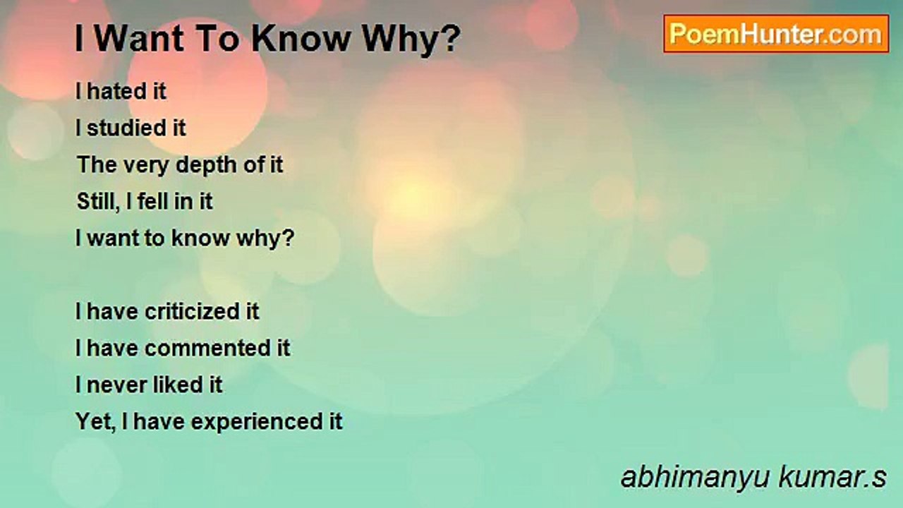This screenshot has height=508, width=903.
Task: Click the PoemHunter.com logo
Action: (776, 34)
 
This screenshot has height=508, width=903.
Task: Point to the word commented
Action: (207, 349)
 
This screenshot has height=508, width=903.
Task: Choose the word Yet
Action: (95, 422)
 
